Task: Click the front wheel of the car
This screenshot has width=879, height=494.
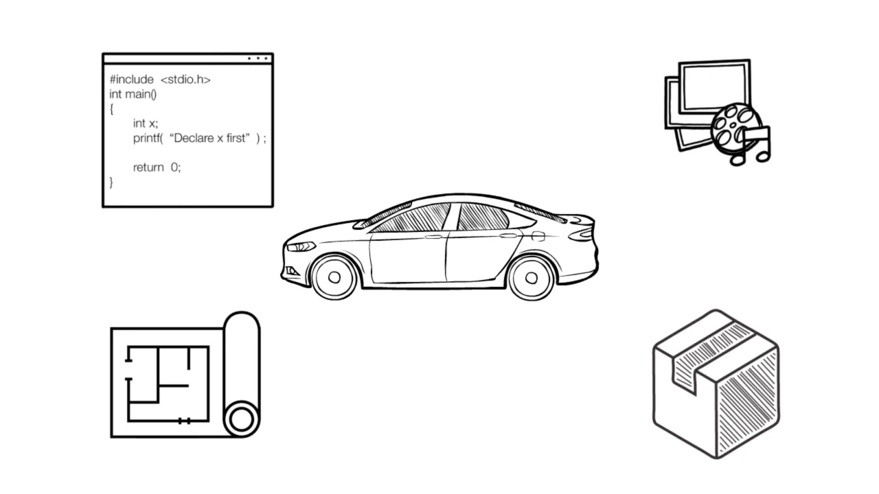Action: click(x=334, y=277)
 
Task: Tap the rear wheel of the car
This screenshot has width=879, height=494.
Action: click(x=532, y=278)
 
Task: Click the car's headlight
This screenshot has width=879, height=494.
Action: click(x=301, y=246)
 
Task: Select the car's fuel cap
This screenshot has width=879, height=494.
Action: click(x=538, y=237)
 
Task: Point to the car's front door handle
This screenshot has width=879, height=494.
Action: click(x=433, y=237)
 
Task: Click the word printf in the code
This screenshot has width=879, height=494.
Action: click(x=148, y=139)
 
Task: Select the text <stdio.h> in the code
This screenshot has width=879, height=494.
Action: click(x=185, y=80)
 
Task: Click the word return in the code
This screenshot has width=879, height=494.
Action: click(x=148, y=167)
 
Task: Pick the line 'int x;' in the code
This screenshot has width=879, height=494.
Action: click(x=145, y=123)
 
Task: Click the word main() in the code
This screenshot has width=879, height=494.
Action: click(x=141, y=95)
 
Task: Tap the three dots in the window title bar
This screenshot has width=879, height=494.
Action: click(x=258, y=58)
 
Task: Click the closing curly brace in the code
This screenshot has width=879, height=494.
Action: click(x=111, y=183)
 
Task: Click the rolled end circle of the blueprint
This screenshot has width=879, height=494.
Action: click(x=241, y=419)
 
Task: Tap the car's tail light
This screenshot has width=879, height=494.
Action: click(x=582, y=235)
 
